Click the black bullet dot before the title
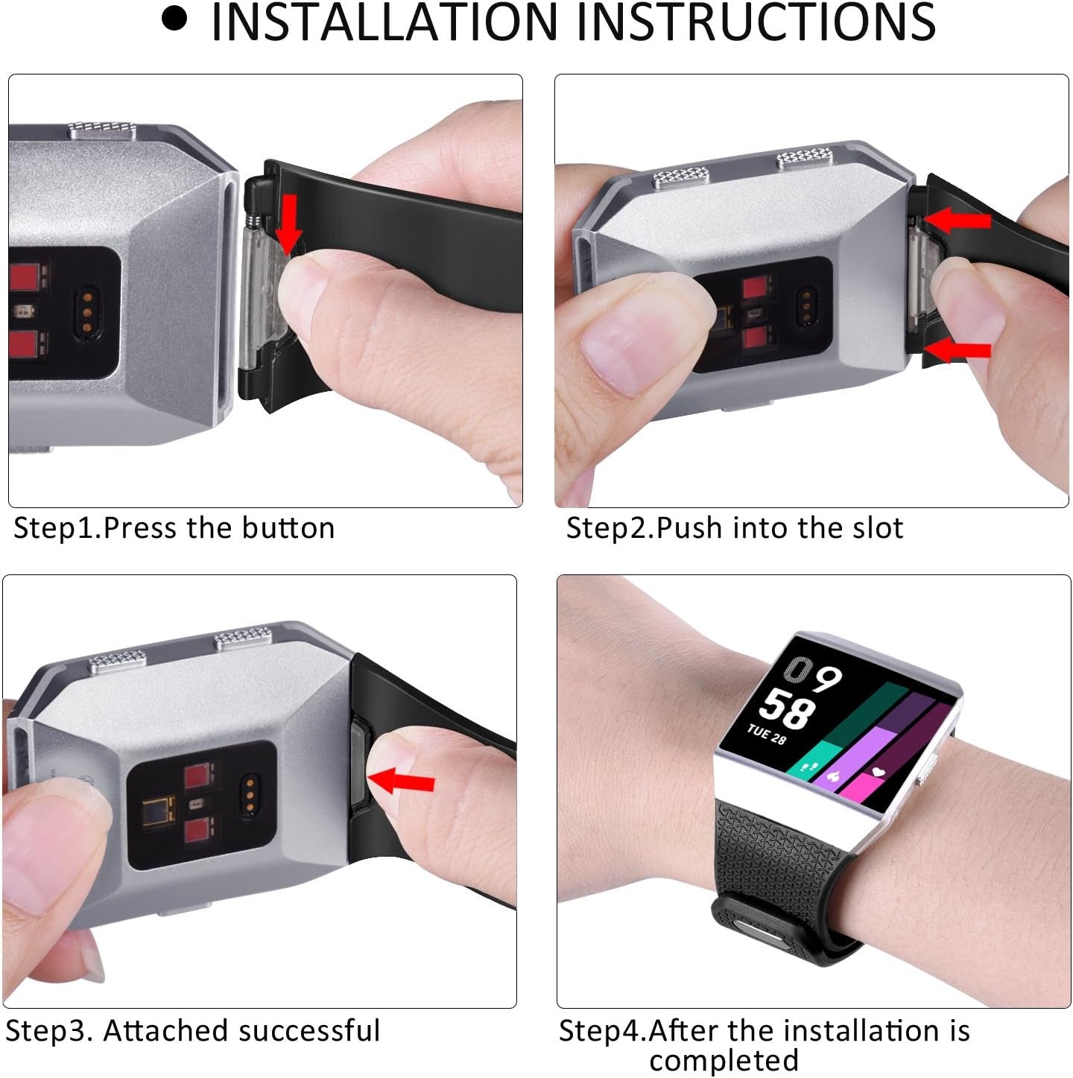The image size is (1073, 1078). tap(174, 19)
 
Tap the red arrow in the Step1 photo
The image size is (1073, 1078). tap(289, 221)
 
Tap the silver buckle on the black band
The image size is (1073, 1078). tap(761, 931)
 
